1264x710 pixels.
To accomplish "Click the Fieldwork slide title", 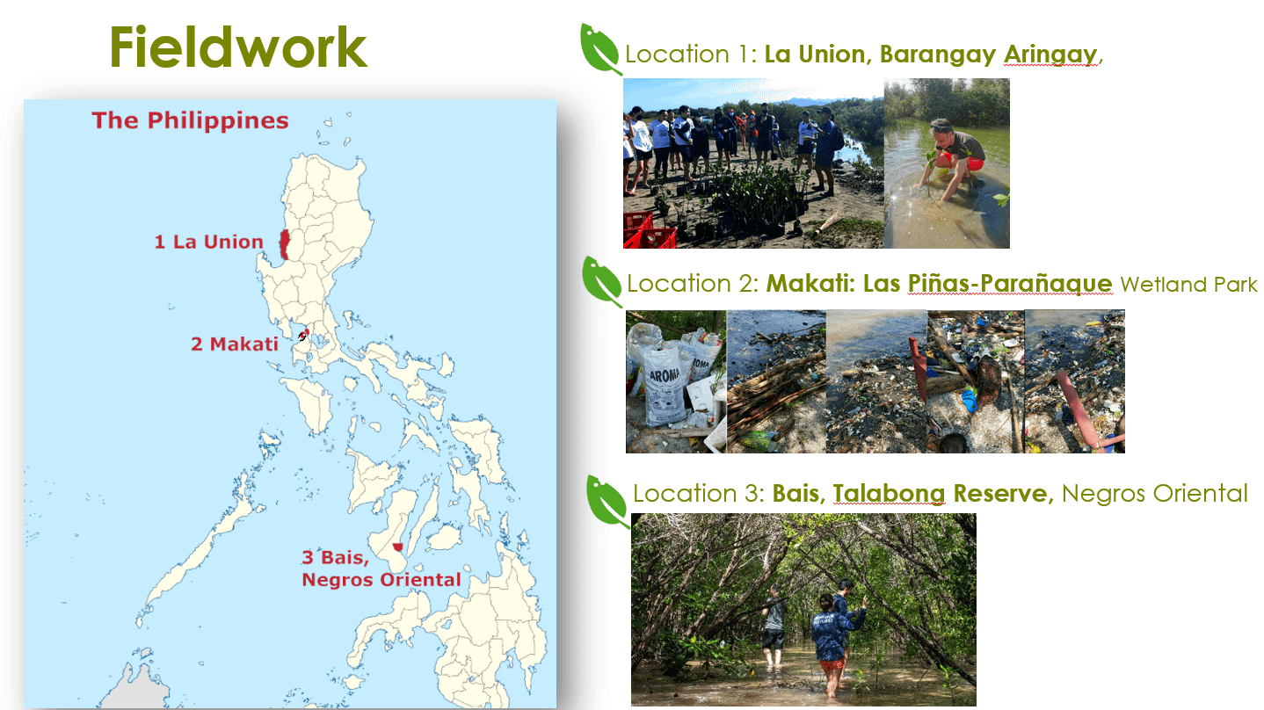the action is (x=238, y=47).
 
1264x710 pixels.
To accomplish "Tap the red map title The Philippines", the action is (x=190, y=120).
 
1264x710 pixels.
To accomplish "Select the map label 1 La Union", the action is (x=209, y=242).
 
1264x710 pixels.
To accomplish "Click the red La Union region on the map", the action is (x=285, y=245).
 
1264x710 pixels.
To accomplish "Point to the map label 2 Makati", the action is (x=235, y=344).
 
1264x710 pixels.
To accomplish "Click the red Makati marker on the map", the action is (x=304, y=335).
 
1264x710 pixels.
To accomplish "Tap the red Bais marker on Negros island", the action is (x=398, y=547).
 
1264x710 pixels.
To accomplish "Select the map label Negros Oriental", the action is (x=381, y=580).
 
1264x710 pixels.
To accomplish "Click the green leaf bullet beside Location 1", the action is (x=600, y=49).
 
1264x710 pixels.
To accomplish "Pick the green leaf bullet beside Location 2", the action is (x=602, y=282).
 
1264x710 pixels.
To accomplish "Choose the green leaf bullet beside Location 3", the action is (x=607, y=502).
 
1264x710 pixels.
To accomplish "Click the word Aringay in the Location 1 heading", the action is (x=1050, y=55).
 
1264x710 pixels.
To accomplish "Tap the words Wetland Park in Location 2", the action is (x=1188, y=284).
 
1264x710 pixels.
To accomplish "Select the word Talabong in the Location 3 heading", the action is (x=889, y=494).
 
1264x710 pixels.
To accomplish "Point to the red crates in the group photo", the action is (x=649, y=231).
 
